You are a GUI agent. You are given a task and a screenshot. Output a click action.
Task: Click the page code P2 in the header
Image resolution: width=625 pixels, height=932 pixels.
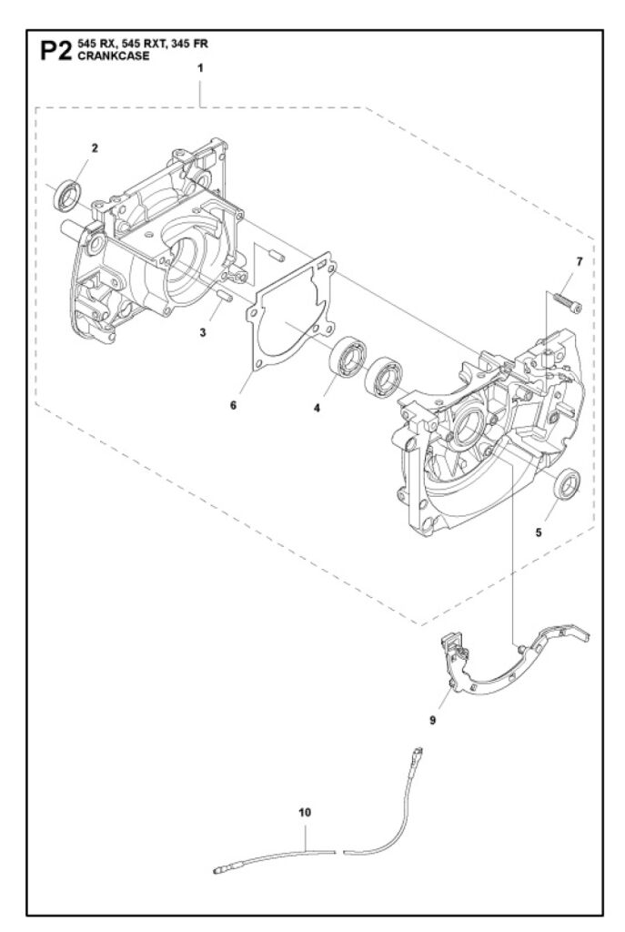pos(55,51)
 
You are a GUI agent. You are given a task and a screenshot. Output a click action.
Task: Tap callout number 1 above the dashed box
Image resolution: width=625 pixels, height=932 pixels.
pos(200,68)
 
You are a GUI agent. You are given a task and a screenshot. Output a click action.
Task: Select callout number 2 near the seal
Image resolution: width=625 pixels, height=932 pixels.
pos(95,148)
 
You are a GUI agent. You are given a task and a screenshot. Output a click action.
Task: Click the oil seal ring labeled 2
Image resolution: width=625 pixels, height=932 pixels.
pos(67,195)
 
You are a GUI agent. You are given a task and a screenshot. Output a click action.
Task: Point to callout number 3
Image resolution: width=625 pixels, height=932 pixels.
pos(203,333)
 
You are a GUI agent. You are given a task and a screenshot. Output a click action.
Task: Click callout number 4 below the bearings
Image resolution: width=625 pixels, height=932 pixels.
pos(317,409)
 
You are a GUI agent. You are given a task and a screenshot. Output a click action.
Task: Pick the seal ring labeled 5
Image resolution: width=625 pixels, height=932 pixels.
pos(568,484)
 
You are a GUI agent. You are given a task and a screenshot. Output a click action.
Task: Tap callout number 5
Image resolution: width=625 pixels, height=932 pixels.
pos(539,532)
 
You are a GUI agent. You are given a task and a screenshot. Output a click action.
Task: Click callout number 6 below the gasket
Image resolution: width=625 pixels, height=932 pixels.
pos(234,405)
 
